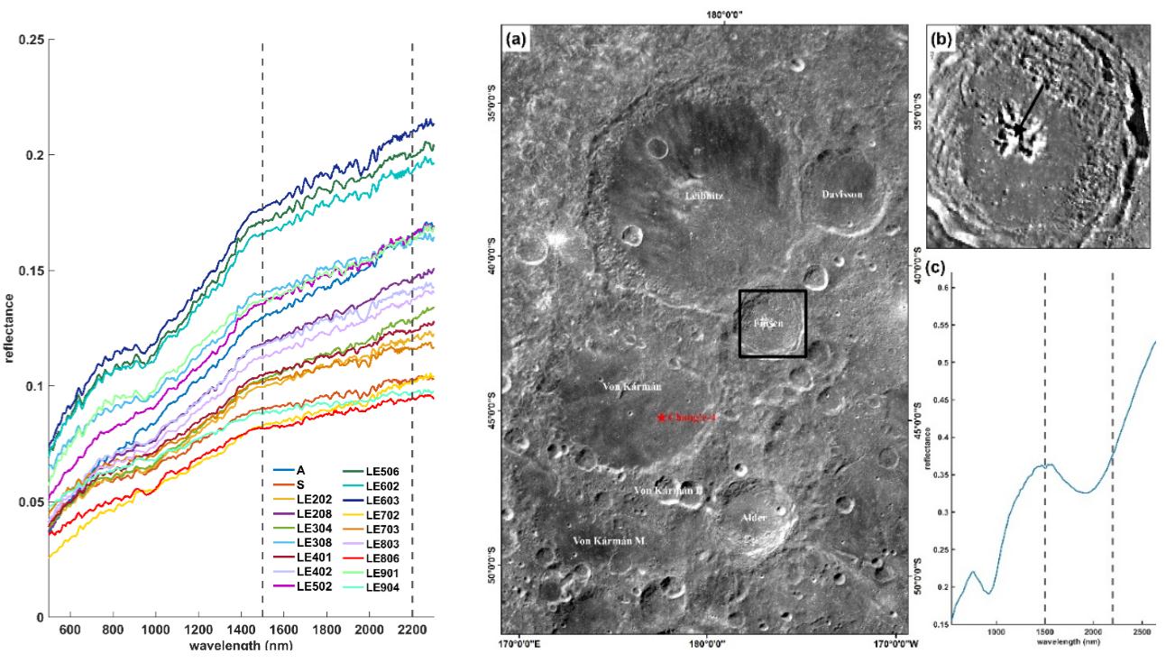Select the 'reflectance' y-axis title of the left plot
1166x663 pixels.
(9, 328)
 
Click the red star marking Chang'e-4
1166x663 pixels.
(662, 418)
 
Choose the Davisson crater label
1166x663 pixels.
(841, 195)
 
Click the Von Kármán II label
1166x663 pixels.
(668, 491)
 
